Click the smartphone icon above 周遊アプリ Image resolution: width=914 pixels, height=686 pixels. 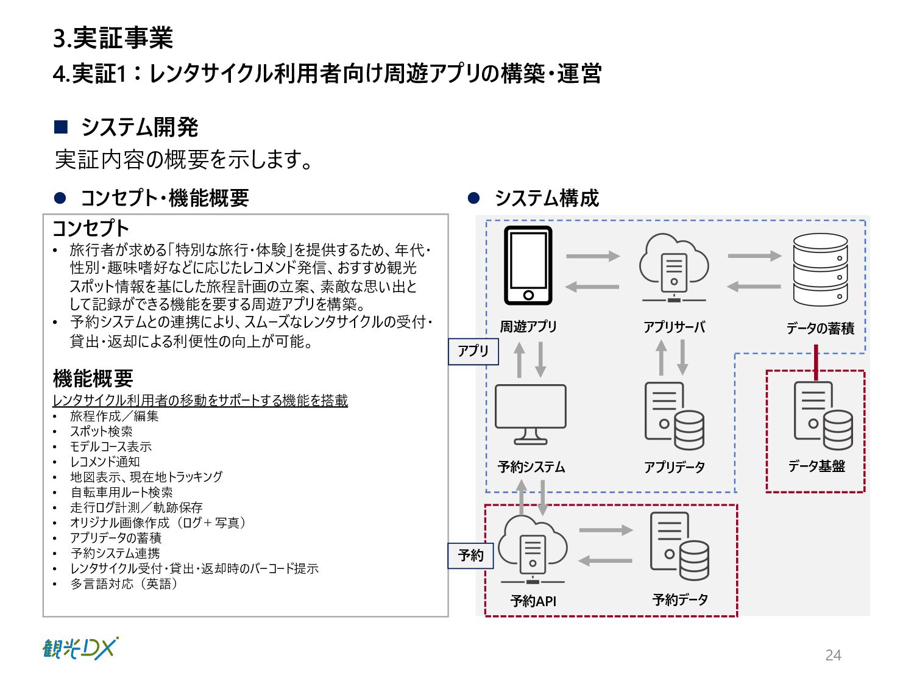(528, 265)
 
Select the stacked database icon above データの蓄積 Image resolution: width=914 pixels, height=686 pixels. (820, 270)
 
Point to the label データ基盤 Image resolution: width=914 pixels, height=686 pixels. (817, 466)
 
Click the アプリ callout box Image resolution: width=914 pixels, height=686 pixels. (473, 351)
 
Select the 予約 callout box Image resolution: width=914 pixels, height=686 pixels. (471, 556)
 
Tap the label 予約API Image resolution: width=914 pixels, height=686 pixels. (533, 601)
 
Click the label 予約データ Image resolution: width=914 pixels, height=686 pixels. (680, 600)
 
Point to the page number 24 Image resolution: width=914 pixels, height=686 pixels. (833, 655)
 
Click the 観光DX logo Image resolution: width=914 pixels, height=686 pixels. (80, 648)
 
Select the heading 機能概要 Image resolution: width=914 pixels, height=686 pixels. (93, 379)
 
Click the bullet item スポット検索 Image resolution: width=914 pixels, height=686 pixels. (101, 431)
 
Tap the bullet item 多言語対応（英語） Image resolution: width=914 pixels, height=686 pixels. (124, 584)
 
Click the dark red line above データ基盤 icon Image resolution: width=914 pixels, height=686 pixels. (816, 362)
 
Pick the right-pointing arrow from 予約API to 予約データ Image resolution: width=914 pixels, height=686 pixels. (606, 530)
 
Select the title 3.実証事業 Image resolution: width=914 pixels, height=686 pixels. (113, 38)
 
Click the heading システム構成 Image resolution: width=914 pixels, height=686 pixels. (547, 198)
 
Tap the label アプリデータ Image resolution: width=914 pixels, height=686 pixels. (675, 467)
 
